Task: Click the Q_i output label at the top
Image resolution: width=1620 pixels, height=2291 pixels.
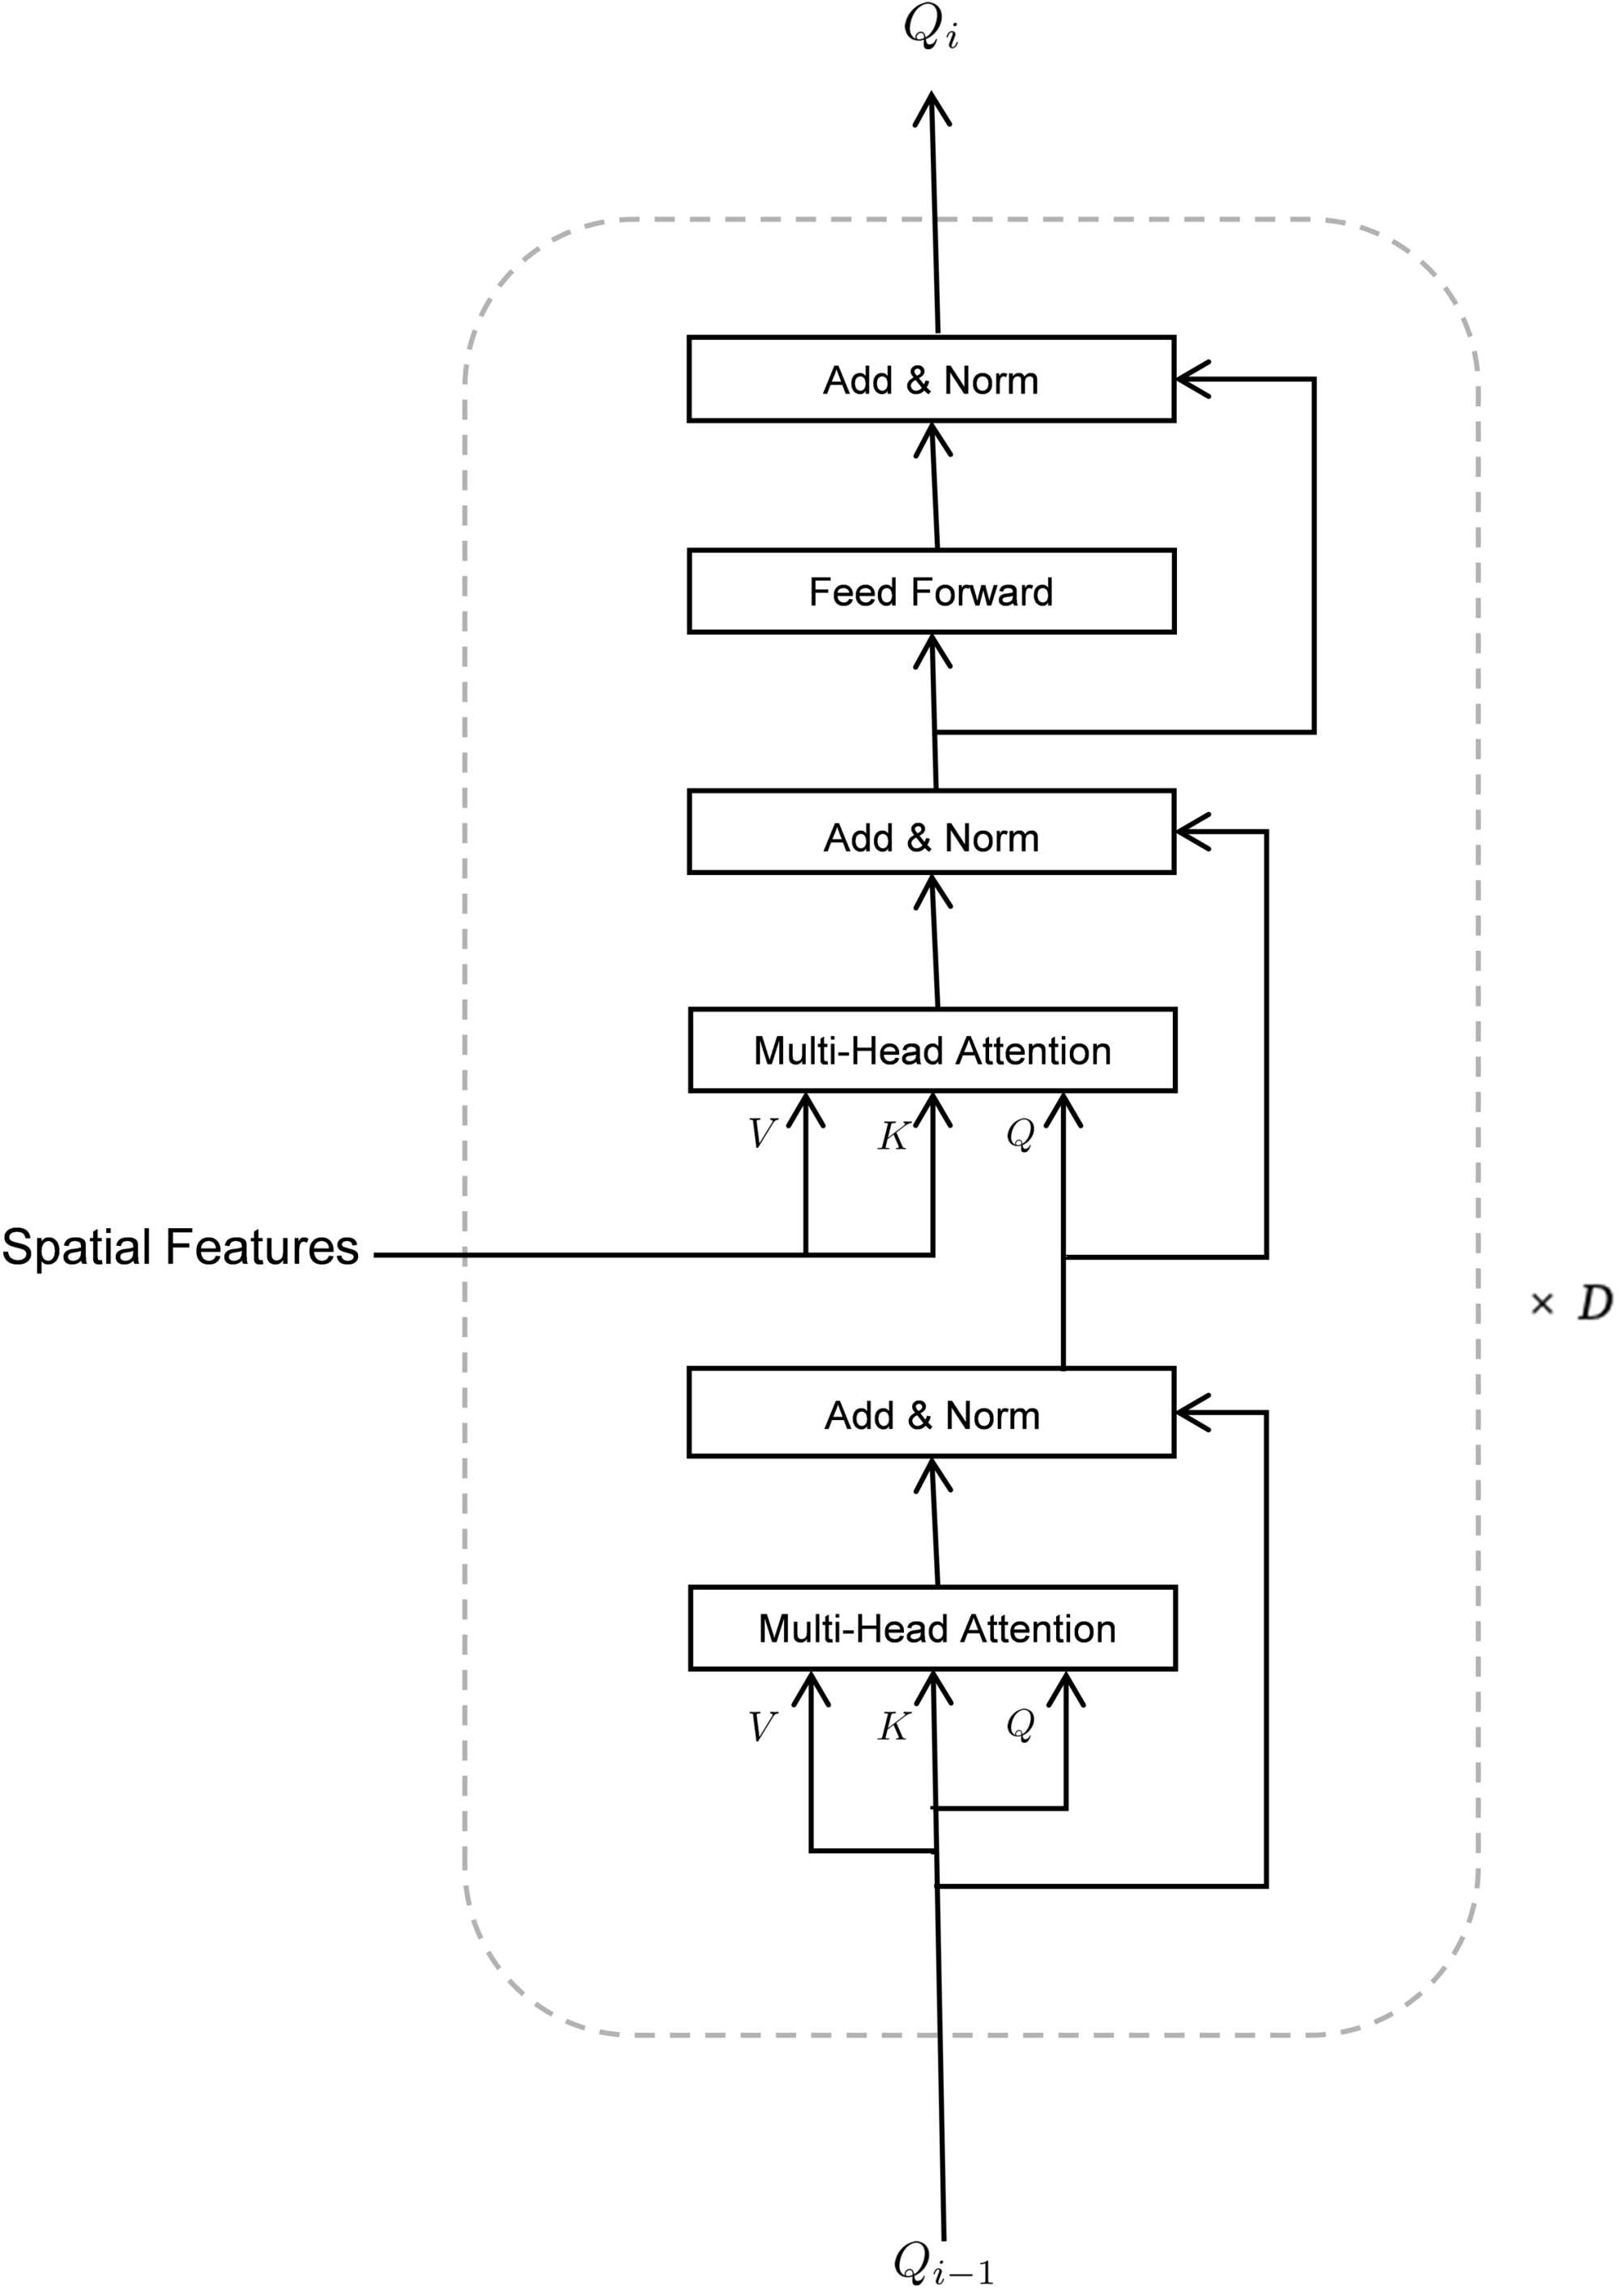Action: click(x=930, y=28)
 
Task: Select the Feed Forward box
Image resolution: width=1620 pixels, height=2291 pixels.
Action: click(x=932, y=591)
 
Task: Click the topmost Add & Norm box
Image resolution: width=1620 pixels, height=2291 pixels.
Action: click(x=932, y=379)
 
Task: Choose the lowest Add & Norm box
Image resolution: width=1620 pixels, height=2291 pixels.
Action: click(x=932, y=1414)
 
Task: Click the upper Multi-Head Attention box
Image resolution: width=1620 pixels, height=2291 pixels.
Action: click(x=932, y=1050)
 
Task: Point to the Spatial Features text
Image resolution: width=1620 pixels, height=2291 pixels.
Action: click(x=181, y=1248)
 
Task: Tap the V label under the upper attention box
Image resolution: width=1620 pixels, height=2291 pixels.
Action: click(x=761, y=1133)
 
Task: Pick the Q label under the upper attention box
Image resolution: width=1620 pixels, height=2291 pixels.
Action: click(x=1020, y=1133)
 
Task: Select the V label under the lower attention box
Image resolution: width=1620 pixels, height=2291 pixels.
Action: click(x=761, y=1726)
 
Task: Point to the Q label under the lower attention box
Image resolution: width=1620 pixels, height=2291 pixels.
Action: click(x=1020, y=1724)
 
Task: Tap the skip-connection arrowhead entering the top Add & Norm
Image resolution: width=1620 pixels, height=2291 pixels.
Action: click(x=1190, y=379)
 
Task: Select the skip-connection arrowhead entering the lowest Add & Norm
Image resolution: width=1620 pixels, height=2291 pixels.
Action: click(x=1190, y=1412)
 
